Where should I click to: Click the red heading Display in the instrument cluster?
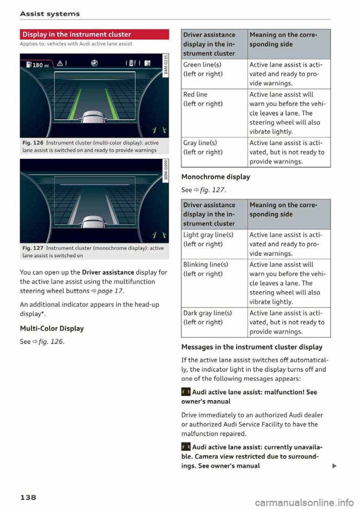tap(76, 34)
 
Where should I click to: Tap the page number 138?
tap(28, 497)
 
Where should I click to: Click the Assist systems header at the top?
tap(50, 14)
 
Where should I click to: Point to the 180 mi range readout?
tap(38, 65)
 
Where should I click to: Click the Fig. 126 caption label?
tap(33, 143)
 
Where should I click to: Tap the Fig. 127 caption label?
tap(33, 248)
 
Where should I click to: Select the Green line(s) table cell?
tap(202, 69)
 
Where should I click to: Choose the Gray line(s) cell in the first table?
tap(202, 147)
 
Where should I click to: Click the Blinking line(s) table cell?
tap(203, 269)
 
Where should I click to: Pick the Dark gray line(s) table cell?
tap(207, 317)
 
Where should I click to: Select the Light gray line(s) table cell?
tap(208, 240)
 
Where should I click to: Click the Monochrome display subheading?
tap(216, 177)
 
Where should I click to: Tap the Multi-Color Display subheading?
tap(52, 329)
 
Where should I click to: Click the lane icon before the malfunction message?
tap(186, 392)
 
